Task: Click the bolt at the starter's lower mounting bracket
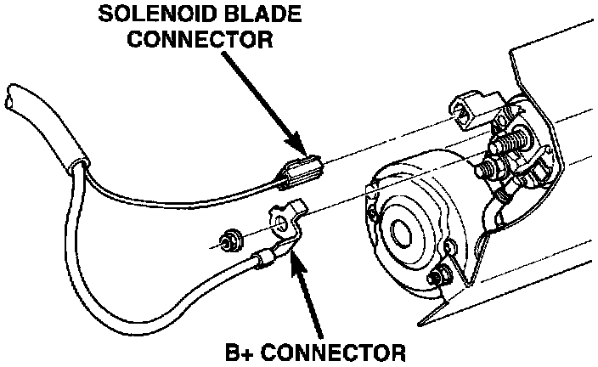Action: coord(440,277)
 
